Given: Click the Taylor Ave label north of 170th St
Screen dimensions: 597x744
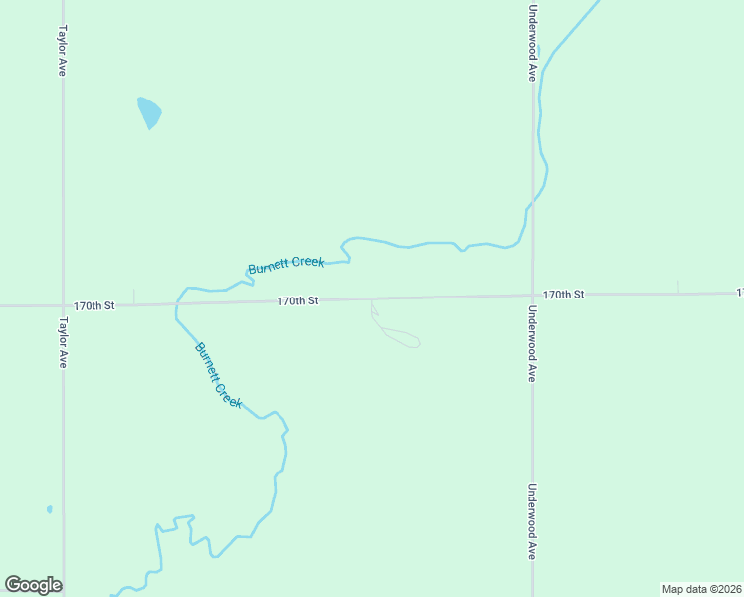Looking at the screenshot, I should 62,52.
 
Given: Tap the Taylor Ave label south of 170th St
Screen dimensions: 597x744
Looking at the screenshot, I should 62,343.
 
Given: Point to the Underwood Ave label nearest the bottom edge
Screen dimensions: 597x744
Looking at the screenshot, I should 533,521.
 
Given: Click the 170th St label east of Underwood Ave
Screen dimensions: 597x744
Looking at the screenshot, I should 563,295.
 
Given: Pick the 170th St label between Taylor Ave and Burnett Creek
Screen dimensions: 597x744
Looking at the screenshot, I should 94,305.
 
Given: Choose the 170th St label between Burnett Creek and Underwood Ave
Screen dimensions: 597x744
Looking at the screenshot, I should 297,300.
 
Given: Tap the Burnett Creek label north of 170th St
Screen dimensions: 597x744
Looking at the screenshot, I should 286,265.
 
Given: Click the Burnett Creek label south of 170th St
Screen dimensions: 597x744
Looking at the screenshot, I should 218,375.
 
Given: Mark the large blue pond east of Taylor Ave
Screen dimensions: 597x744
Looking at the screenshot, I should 148,111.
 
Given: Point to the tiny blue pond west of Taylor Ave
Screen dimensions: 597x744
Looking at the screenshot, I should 49,509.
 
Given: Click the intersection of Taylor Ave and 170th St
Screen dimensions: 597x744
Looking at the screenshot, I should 63,305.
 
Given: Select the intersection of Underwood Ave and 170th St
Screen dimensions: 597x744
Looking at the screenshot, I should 533,296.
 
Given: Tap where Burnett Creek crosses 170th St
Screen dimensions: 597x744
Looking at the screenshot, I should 178,303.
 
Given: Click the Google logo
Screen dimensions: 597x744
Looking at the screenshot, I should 33,585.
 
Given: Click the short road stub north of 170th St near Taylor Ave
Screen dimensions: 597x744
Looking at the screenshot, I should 134,297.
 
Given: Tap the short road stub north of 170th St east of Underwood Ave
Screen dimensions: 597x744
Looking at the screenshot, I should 678,287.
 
